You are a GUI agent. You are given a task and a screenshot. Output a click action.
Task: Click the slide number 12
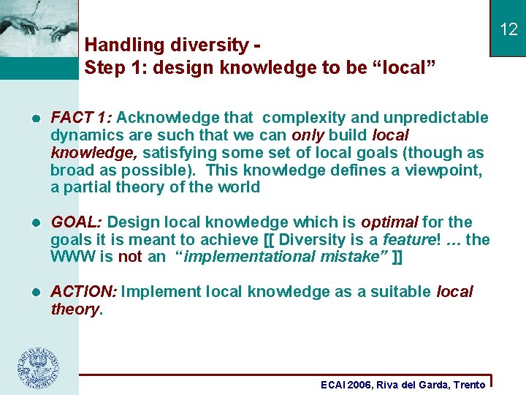click(x=508, y=29)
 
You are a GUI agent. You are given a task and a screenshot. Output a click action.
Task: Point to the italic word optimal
click(x=389, y=222)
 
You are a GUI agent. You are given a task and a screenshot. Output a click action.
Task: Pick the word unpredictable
click(x=436, y=118)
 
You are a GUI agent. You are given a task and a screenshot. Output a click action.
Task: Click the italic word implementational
click(x=251, y=257)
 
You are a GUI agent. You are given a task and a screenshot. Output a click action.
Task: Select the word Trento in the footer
click(x=469, y=385)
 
